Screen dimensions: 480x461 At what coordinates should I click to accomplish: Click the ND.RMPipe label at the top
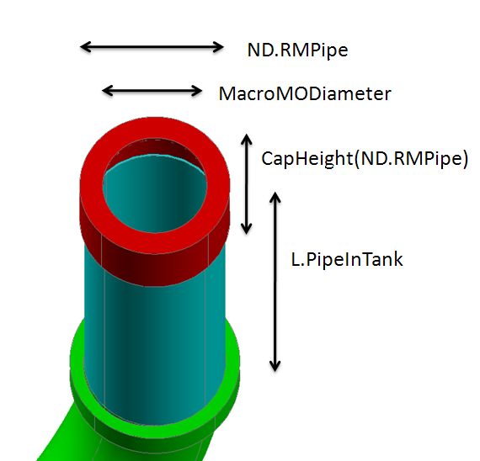(297, 50)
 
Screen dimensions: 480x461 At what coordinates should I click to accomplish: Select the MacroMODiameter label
(305, 93)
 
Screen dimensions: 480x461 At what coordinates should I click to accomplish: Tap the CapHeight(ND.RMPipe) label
(365, 158)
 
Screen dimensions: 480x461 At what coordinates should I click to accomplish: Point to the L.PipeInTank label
(347, 259)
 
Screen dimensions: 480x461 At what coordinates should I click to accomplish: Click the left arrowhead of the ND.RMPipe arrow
(85, 47)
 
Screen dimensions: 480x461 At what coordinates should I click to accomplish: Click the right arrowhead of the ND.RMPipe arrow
(218, 47)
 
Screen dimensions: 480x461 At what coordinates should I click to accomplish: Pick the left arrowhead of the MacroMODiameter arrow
(108, 91)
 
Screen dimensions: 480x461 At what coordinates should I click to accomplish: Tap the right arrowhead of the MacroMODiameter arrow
(196, 91)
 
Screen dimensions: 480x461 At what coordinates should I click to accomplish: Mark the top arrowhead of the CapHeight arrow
(247, 139)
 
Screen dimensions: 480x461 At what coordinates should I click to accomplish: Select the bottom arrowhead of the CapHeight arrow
(247, 229)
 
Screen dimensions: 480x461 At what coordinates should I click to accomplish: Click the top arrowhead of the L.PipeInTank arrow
(275, 198)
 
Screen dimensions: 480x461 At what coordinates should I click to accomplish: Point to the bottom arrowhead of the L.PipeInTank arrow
(275, 366)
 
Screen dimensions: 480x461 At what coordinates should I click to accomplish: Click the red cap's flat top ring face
(155, 129)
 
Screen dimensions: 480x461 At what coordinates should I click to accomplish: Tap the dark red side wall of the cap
(155, 269)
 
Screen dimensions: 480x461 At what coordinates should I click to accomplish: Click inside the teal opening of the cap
(155, 196)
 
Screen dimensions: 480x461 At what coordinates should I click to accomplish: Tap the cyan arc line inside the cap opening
(155, 156)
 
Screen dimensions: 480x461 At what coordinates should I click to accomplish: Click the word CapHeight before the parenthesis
(307, 158)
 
